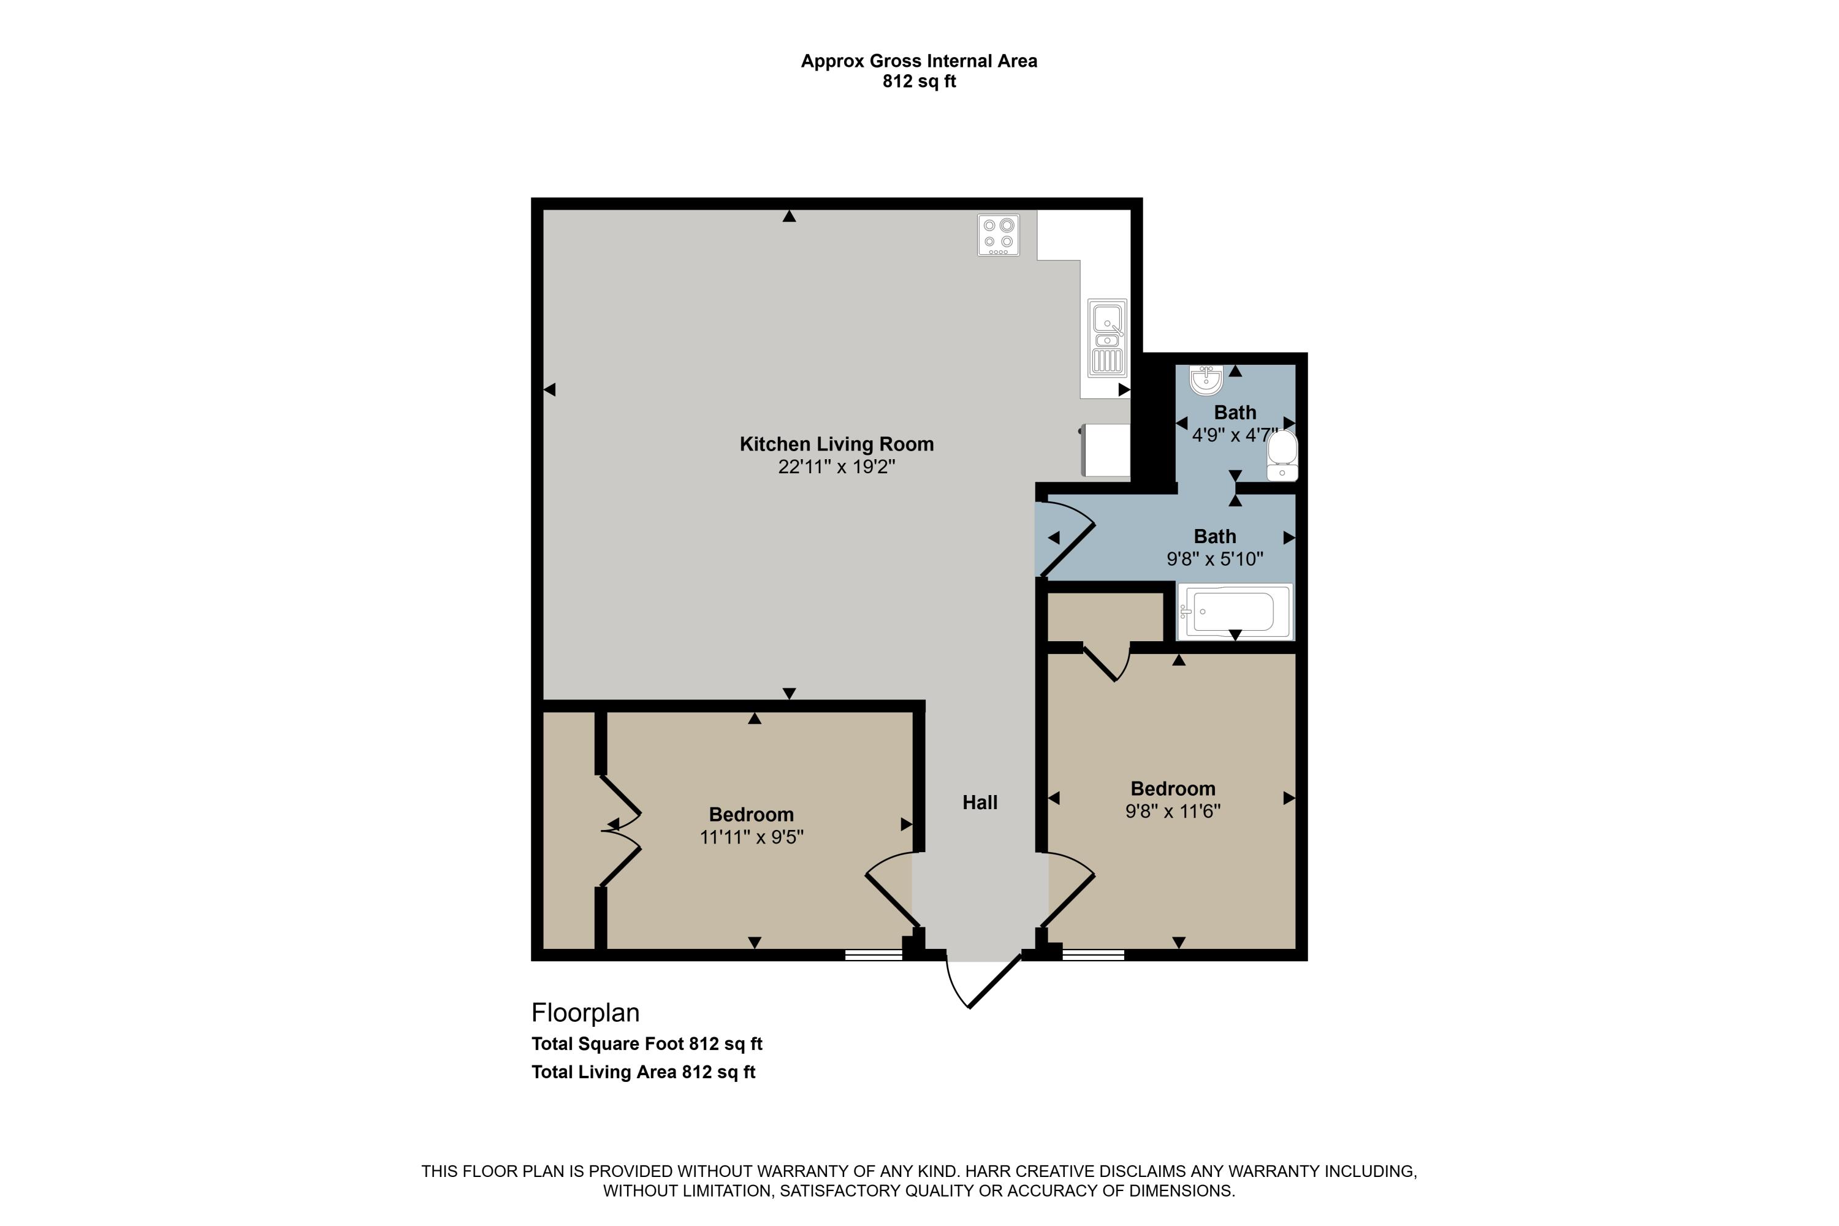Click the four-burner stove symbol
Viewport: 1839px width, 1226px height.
click(x=998, y=235)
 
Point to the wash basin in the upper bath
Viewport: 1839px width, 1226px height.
click(x=1206, y=380)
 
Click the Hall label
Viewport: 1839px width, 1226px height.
click(x=980, y=802)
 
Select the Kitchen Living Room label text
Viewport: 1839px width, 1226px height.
click(x=836, y=444)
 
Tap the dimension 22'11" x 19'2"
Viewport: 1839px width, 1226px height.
click(x=836, y=466)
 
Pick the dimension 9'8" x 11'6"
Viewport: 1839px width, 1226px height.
click(x=1172, y=812)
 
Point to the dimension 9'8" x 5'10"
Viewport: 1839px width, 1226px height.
click(x=1214, y=559)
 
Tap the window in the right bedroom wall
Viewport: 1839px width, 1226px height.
click(x=1092, y=954)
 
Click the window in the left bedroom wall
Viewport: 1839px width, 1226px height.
click(x=874, y=954)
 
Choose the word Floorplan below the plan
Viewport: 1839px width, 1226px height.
click(x=585, y=1013)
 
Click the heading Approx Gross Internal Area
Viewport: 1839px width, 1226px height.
click(x=919, y=61)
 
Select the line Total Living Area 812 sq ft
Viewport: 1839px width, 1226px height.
click(x=642, y=1072)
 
